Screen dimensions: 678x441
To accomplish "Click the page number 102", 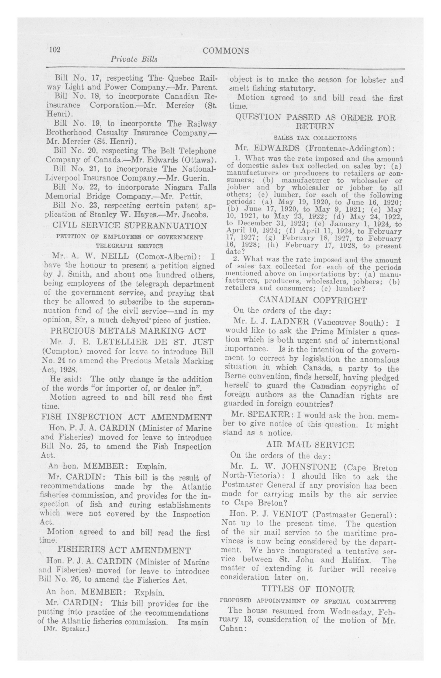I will [55, 50].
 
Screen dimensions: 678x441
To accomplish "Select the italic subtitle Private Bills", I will [134, 59].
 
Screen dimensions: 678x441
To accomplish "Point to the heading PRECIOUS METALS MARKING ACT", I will [128, 331].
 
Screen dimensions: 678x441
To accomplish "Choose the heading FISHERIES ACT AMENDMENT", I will [124, 550].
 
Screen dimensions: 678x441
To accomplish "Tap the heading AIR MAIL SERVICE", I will [310, 445].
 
